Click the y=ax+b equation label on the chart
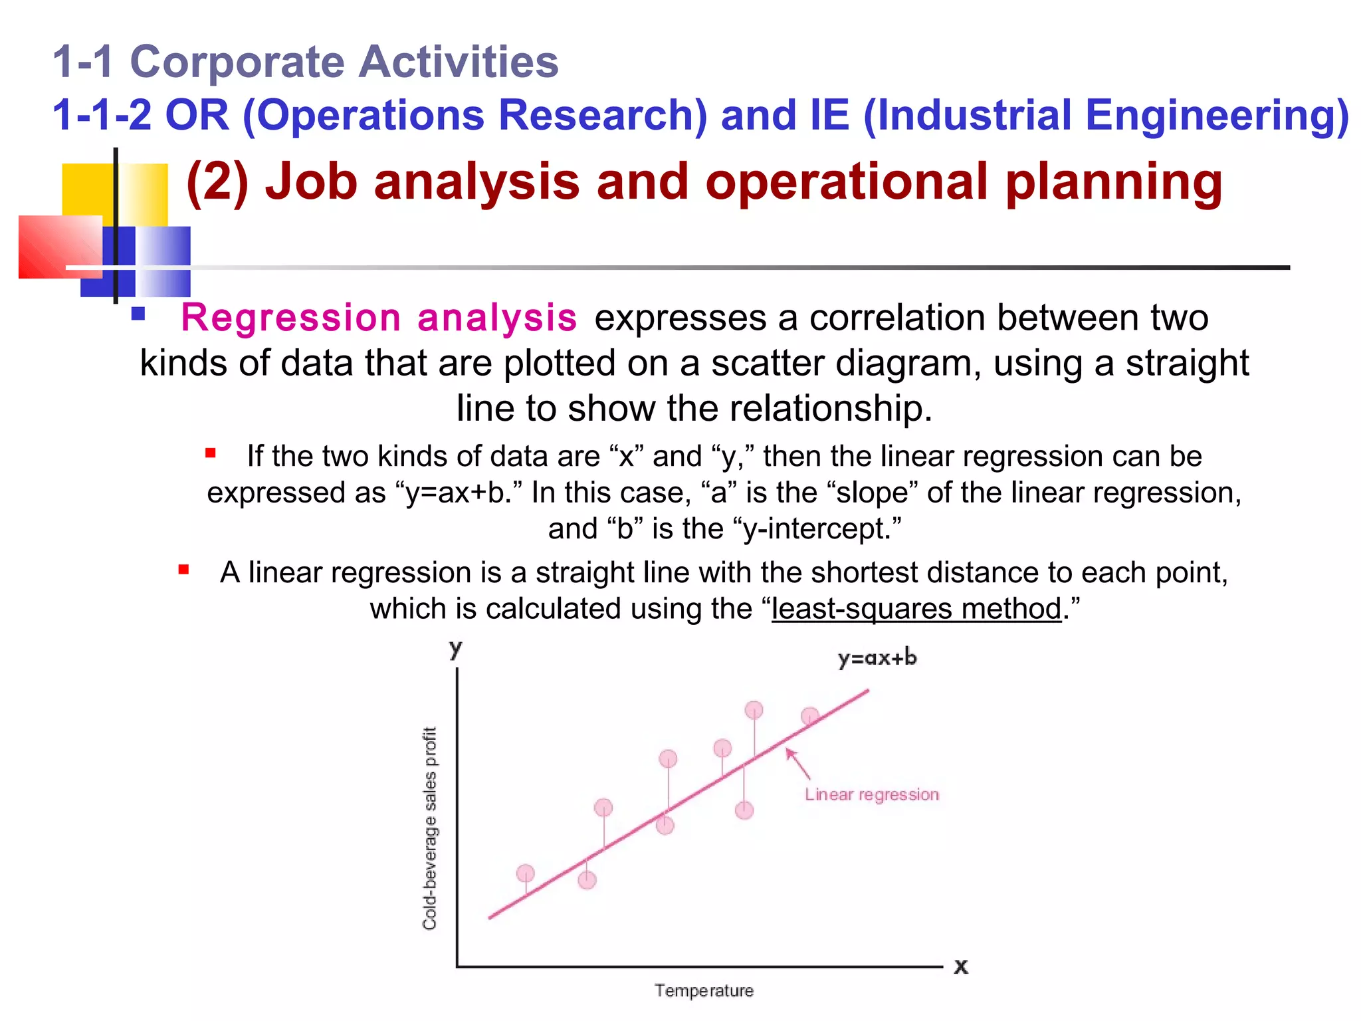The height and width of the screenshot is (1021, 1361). coord(877,658)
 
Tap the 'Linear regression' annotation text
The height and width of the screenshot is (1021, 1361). coord(871,794)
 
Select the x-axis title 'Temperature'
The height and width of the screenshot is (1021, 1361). coord(704,990)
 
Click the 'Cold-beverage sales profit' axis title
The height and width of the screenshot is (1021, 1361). coord(430,828)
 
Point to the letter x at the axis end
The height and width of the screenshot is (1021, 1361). coord(961,966)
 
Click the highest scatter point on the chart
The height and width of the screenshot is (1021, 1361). coord(754,710)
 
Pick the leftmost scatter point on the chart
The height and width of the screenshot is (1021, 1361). coord(525,873)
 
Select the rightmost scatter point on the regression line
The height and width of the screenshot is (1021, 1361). coord(809,716)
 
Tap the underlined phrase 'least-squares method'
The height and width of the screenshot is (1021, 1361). coord(916,609)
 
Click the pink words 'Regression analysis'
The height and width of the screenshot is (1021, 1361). coord(378,318)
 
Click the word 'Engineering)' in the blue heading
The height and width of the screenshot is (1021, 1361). coord(1216,115)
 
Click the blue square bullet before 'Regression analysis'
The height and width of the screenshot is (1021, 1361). coord(138,314)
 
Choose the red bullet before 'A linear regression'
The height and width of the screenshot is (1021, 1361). coord(184,570)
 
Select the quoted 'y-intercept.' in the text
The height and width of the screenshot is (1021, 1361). coord(817,529)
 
